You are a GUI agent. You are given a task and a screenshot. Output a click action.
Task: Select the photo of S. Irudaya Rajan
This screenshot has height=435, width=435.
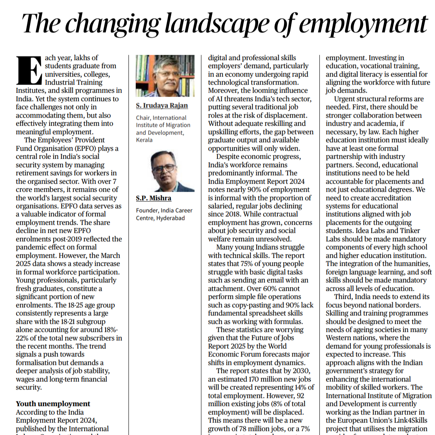click(165, 76)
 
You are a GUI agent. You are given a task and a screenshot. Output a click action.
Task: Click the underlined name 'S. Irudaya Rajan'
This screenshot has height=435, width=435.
click(162, 106)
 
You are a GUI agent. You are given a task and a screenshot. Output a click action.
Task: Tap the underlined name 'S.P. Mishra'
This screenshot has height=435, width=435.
click(153, 198)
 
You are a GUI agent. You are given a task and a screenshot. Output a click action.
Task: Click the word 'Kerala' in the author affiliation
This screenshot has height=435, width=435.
click(145, 140)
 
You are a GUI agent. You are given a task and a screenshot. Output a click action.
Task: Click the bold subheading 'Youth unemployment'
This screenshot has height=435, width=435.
click(53, 404)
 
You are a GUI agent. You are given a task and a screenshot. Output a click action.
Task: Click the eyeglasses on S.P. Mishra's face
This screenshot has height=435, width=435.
click(164, 168)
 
